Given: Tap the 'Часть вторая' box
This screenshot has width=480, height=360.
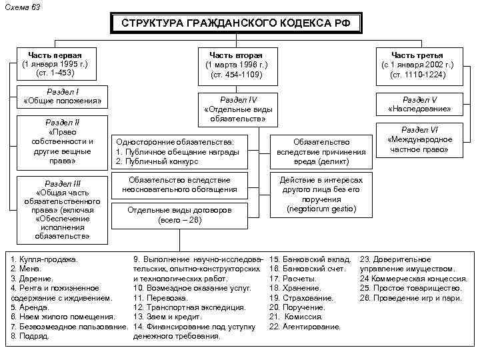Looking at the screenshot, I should click(236, 65).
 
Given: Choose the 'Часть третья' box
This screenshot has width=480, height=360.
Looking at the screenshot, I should click(417, 65).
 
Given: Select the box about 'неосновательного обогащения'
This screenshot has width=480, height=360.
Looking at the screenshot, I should click(180, 185).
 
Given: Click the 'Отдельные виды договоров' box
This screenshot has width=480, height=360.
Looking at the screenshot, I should click(180, 215).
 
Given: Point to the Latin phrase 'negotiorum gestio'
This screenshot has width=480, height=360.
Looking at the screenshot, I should click(321, 209).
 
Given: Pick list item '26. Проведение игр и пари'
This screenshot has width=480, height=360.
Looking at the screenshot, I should click(411, 297).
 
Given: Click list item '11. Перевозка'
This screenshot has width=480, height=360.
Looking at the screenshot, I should click(160, 297).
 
